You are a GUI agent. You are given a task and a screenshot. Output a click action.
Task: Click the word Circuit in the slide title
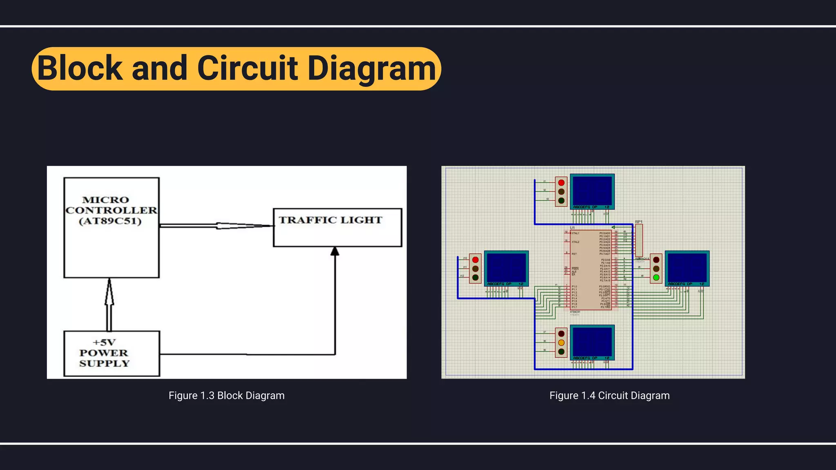coord(247,68)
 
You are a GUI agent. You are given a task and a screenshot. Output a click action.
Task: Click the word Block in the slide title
coord(80,68)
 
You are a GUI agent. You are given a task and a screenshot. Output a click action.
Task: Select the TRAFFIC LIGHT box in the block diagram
coord(337,227)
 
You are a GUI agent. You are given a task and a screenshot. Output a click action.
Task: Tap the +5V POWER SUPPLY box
coord(111,353)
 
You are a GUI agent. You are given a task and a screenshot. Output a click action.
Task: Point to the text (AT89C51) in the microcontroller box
coord(110,221)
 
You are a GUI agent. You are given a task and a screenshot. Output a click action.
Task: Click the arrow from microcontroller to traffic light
coord(216,226)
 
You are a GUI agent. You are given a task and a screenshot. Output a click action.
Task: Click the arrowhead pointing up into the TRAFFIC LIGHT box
coord(335,251)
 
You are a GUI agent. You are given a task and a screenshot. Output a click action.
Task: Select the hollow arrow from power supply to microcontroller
coord(109,304)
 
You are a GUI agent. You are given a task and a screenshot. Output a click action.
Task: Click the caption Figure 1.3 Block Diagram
coord(227,395)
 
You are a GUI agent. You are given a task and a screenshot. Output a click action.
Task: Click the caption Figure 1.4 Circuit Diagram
coord(609,395)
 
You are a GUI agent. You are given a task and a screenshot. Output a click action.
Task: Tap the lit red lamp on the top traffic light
coord(561,183)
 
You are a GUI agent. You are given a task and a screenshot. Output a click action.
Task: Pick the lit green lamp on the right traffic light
coord(656,278)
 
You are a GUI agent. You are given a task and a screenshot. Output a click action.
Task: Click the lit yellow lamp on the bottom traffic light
coord(561,343)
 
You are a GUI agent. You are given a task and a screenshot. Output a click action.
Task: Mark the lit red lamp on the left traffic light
coord(475,260)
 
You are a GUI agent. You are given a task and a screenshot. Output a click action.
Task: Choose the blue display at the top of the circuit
coord(592,190)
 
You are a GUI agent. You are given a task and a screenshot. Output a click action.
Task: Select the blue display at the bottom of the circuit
coord(592,341)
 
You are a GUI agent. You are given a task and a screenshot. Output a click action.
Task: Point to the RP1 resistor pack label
coord(639,222)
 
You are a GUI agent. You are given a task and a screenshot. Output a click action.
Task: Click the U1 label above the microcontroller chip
coord(572,228)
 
